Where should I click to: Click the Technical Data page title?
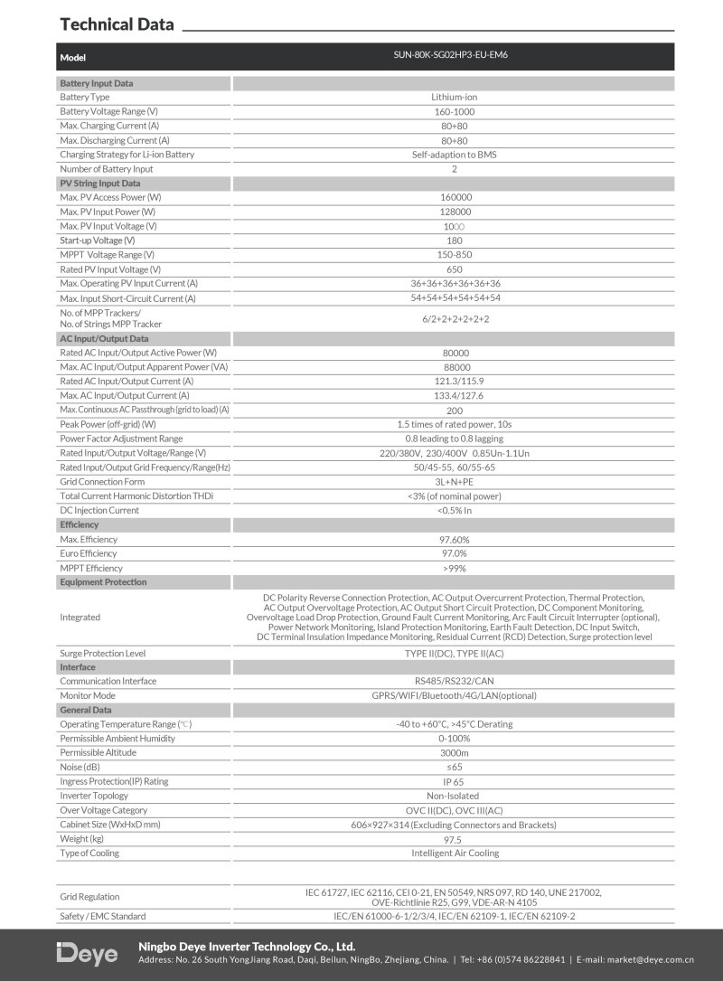click(116, 24)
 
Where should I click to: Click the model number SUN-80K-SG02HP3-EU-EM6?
click(455, 56)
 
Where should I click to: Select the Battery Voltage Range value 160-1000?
click(455, 111)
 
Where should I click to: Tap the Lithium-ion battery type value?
click(455, 97)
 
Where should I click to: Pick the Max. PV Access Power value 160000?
click(455, 197)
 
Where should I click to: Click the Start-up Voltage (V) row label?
click(97, 241)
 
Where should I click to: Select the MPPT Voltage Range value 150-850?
click(455, 255)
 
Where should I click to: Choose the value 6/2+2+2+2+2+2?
click(455, 318)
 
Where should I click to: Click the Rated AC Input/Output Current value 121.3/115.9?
click(455, 381)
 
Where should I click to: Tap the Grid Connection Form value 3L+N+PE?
click(455, 482)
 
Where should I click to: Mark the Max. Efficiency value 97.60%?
click(455, 540)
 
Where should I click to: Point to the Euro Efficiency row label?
click(89, 553)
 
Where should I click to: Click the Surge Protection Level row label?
click(102, 653)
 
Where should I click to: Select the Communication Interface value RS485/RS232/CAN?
click(455, 681)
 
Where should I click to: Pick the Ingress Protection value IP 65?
click(455, 781)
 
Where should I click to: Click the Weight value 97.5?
click(455, 839)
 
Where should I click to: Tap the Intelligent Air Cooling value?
click(455, 853)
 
